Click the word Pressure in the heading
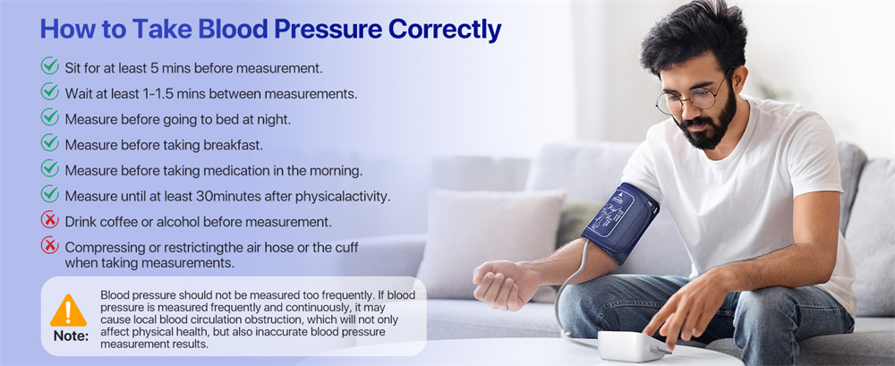(328, 29)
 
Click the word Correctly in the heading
(444, 29)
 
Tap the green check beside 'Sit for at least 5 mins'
(50, 66)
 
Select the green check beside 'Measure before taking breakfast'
(50, 143)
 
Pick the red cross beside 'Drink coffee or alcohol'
(50, 220)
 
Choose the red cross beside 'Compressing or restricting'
(50, 246)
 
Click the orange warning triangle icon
(69, 311)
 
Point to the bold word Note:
(71, 336)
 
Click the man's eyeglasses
(689, 97)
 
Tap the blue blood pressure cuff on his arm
(619, 221)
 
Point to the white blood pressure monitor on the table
(632, 345)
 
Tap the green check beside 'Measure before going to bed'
(50, 117)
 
